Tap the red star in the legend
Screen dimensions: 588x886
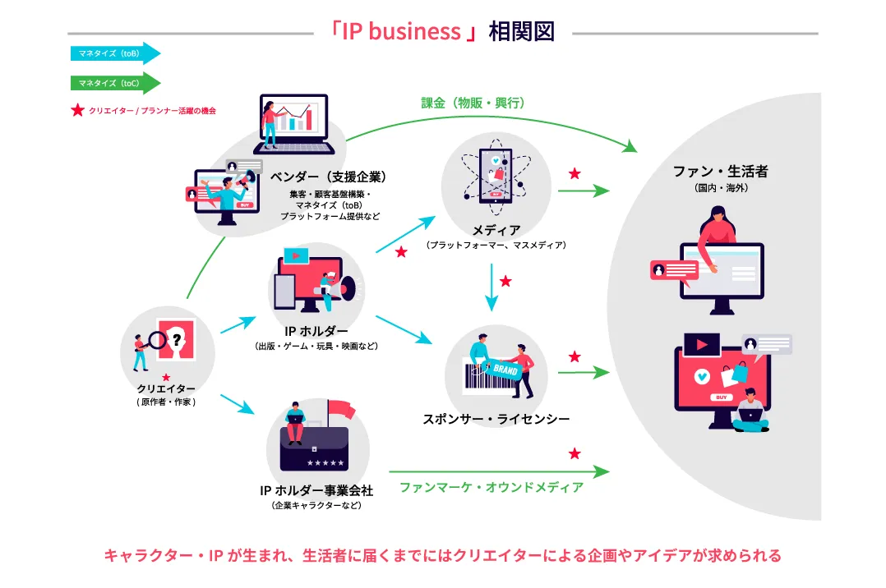click(x=77, y=110)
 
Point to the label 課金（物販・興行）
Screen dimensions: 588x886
click(x=473, y=103)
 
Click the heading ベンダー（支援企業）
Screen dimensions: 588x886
click(x=328, y=177)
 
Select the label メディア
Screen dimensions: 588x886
click(x=496, y=230)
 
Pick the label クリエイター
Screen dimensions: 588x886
click(x=166, y=388)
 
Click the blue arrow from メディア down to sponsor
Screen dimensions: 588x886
click(x=491, y=287)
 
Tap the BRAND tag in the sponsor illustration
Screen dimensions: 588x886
click(x=505, y=370)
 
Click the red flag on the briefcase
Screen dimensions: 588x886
click(x=338, y=408)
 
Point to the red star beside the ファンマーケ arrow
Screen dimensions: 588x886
click(x=575, y=453)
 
